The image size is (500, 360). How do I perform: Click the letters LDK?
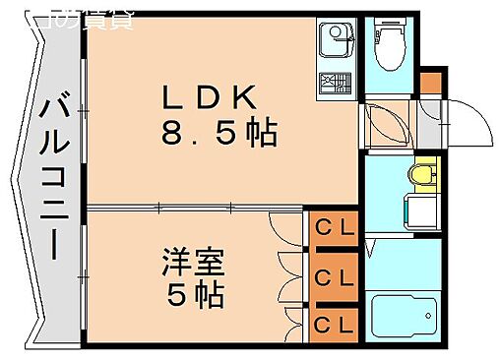click(x=209, y=97)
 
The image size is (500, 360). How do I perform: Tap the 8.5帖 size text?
click(x=219, y=132)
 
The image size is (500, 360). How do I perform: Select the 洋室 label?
click(x=194, y=264)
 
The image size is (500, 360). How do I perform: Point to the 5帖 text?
click(x=194, y=293)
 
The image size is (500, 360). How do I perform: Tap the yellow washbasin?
click(x=423, y=175)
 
